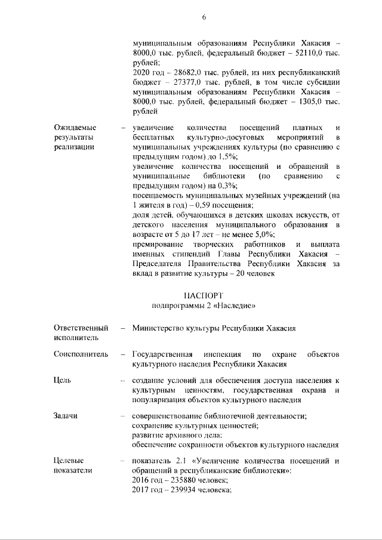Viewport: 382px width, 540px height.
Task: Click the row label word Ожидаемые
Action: (75, 128)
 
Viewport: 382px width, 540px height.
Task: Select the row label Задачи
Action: (66, 415)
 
